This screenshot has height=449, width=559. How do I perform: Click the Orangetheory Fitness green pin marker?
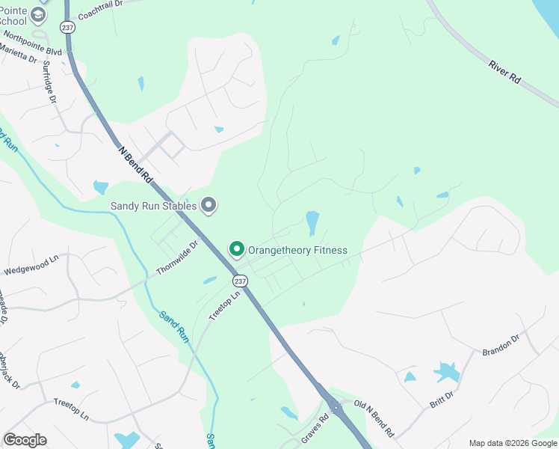coord(237,248)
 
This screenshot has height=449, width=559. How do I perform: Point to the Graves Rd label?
coord(315,430)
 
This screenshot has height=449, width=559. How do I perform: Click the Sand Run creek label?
coord(173,326)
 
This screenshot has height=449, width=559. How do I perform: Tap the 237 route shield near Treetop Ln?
coord(239,281)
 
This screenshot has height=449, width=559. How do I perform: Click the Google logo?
coord(25,440)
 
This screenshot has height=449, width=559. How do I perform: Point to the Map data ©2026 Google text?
coord(512,443)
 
